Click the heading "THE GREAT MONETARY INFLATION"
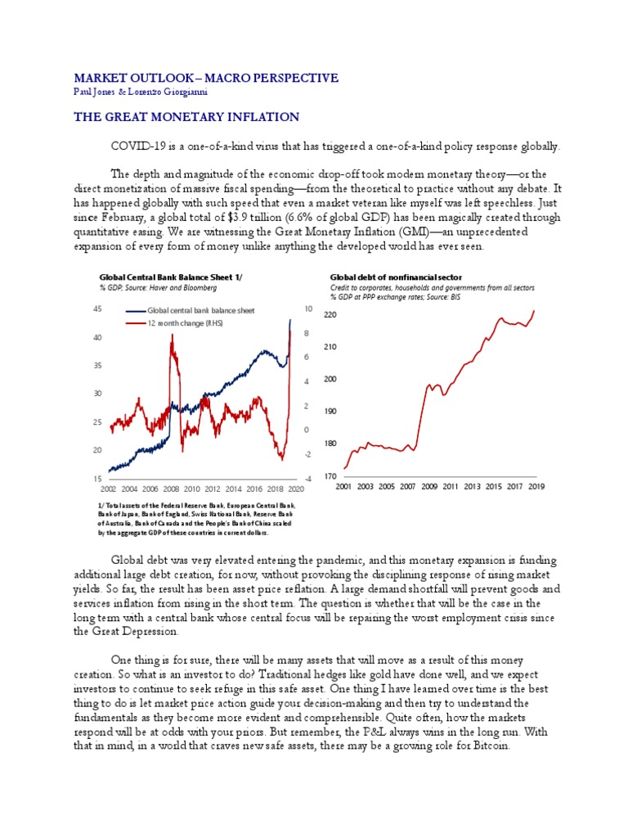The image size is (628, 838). [x=186, y=118]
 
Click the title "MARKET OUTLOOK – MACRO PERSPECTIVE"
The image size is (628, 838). [x=205, y=78]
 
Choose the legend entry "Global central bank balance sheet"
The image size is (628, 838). [x=200, y=311]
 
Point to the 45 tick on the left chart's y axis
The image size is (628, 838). [x=97, y=309]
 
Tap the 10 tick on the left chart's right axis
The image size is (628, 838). [x=307, y=309]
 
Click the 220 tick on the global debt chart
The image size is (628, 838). [x=330, y=315]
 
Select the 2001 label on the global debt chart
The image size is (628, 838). [x=344, y=486]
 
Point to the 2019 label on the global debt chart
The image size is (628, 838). [x=537, y=486]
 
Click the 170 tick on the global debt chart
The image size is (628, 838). [x=330, y=475]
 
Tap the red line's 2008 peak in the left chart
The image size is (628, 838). [x=171, y=336]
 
